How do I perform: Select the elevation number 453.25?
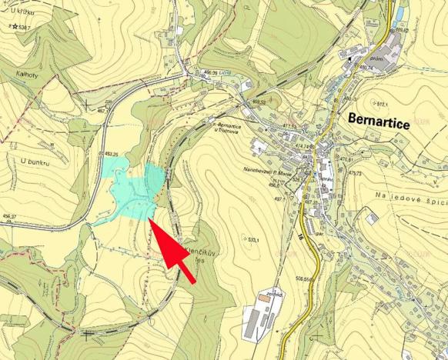point(115,155)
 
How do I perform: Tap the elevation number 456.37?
point(8,216)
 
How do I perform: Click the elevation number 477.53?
point(289,126)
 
